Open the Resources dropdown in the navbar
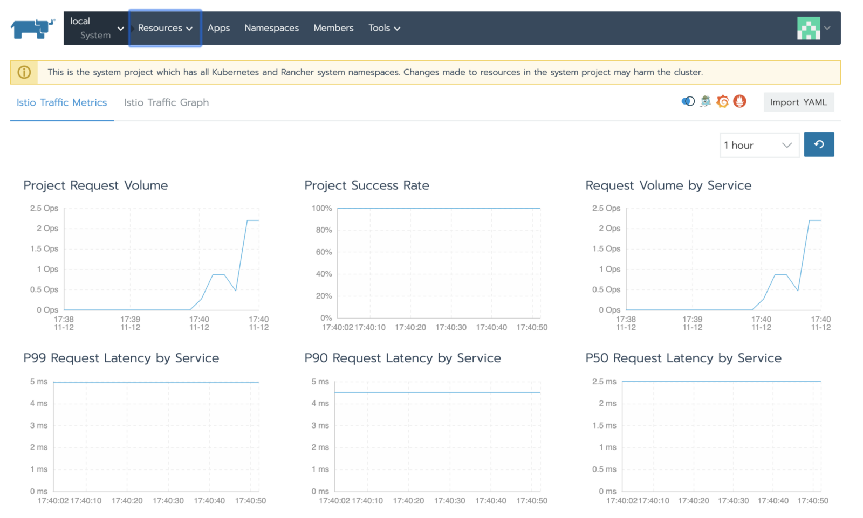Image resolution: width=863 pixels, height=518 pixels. (x=165, y=28)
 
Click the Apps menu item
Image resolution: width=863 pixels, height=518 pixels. (x=218, y=28)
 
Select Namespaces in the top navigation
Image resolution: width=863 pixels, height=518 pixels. (x=271, y=28)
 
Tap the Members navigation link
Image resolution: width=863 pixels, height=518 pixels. (x=333, y=28)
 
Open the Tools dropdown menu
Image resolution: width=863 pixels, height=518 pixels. (x=384, y=28)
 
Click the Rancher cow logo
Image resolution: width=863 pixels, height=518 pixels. (x=32, y=28)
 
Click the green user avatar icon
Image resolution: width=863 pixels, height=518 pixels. (x=809, y=28)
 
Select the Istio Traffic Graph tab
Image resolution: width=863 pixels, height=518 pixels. (x=166, y=102)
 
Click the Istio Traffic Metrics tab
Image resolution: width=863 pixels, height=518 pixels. (x=61, y=102)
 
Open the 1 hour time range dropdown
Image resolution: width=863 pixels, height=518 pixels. (x=759, y=145)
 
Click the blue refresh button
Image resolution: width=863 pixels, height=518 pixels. (x=819, y=144)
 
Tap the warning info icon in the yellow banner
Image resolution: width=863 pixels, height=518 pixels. (x=24, y=72)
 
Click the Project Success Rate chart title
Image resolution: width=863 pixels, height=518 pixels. (x=367, y=185)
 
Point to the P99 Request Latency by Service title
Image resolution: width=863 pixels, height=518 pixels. (x=121, y=358)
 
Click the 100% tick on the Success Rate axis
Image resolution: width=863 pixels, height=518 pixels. (x=322, y=209)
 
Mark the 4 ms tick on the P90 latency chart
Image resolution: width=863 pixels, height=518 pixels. (x=320, y=403)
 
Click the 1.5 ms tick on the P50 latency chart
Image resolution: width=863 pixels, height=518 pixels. (x=604, y=425)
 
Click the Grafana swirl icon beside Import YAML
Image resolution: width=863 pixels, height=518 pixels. (x=723, y=101)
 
